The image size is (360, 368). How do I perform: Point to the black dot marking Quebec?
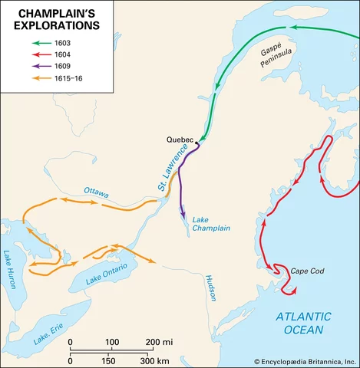click(196, 143)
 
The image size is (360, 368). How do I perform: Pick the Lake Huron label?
click(12, 269)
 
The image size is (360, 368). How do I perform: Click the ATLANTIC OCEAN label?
click(303, 323)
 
